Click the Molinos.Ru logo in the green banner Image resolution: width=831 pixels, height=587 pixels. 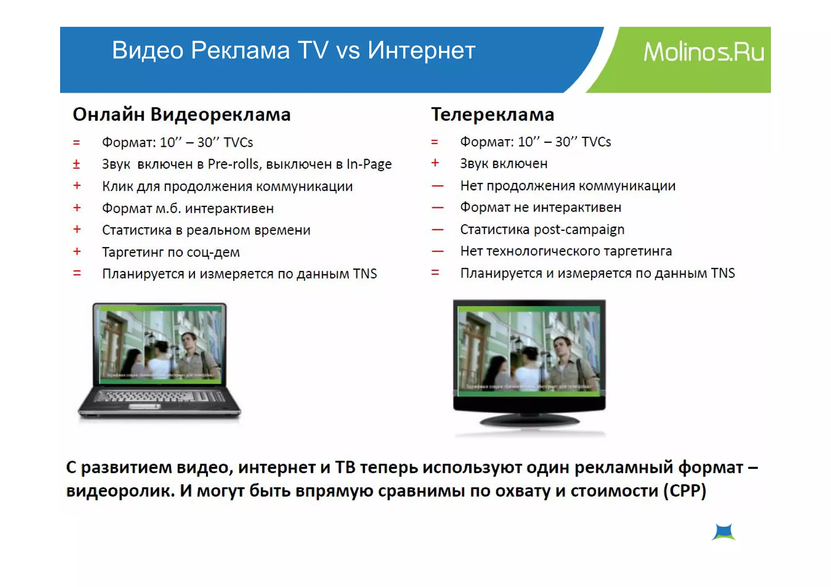pos(704,52)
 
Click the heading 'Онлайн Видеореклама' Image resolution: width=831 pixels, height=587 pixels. pos(181,114)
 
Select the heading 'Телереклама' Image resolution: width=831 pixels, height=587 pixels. pos(492,114)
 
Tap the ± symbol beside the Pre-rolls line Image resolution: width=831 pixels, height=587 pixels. pos(76,164)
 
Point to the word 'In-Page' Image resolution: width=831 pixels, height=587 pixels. pos(369,164)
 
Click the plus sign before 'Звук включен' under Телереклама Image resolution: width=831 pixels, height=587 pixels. pos(435,163)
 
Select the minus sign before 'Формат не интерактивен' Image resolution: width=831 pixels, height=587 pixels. pos(437,208)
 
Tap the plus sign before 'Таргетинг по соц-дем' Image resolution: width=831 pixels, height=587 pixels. pos(77,252)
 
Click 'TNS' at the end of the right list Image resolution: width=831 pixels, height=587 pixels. pos(723,273)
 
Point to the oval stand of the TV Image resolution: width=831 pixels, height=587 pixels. pos(529,421)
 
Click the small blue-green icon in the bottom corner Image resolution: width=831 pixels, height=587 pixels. pos(723,532)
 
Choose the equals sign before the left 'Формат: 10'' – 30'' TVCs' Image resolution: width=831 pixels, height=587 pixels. pos(76,142)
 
